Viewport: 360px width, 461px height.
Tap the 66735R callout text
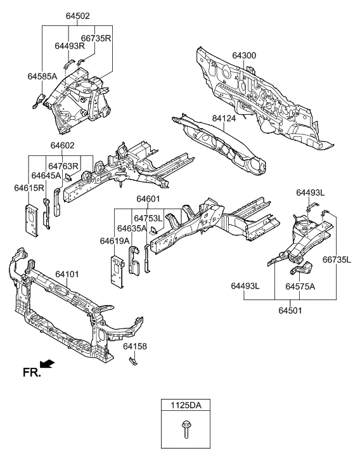[96, 37]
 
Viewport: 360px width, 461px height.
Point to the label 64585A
[42, 76]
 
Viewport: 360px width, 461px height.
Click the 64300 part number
[244, 56]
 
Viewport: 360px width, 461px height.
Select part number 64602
[63, 145]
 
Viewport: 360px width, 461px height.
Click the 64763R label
[63, 166]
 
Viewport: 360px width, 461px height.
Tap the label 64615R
[29, 188]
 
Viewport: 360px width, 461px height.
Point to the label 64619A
[114, 240]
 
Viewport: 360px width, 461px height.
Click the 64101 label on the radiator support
[67, 274]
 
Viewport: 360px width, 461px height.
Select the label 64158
[134, 346]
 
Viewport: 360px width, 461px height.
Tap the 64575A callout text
[300, 287]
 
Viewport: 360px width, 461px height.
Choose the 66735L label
[337, 260]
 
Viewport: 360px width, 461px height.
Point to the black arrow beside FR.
[47, 364]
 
